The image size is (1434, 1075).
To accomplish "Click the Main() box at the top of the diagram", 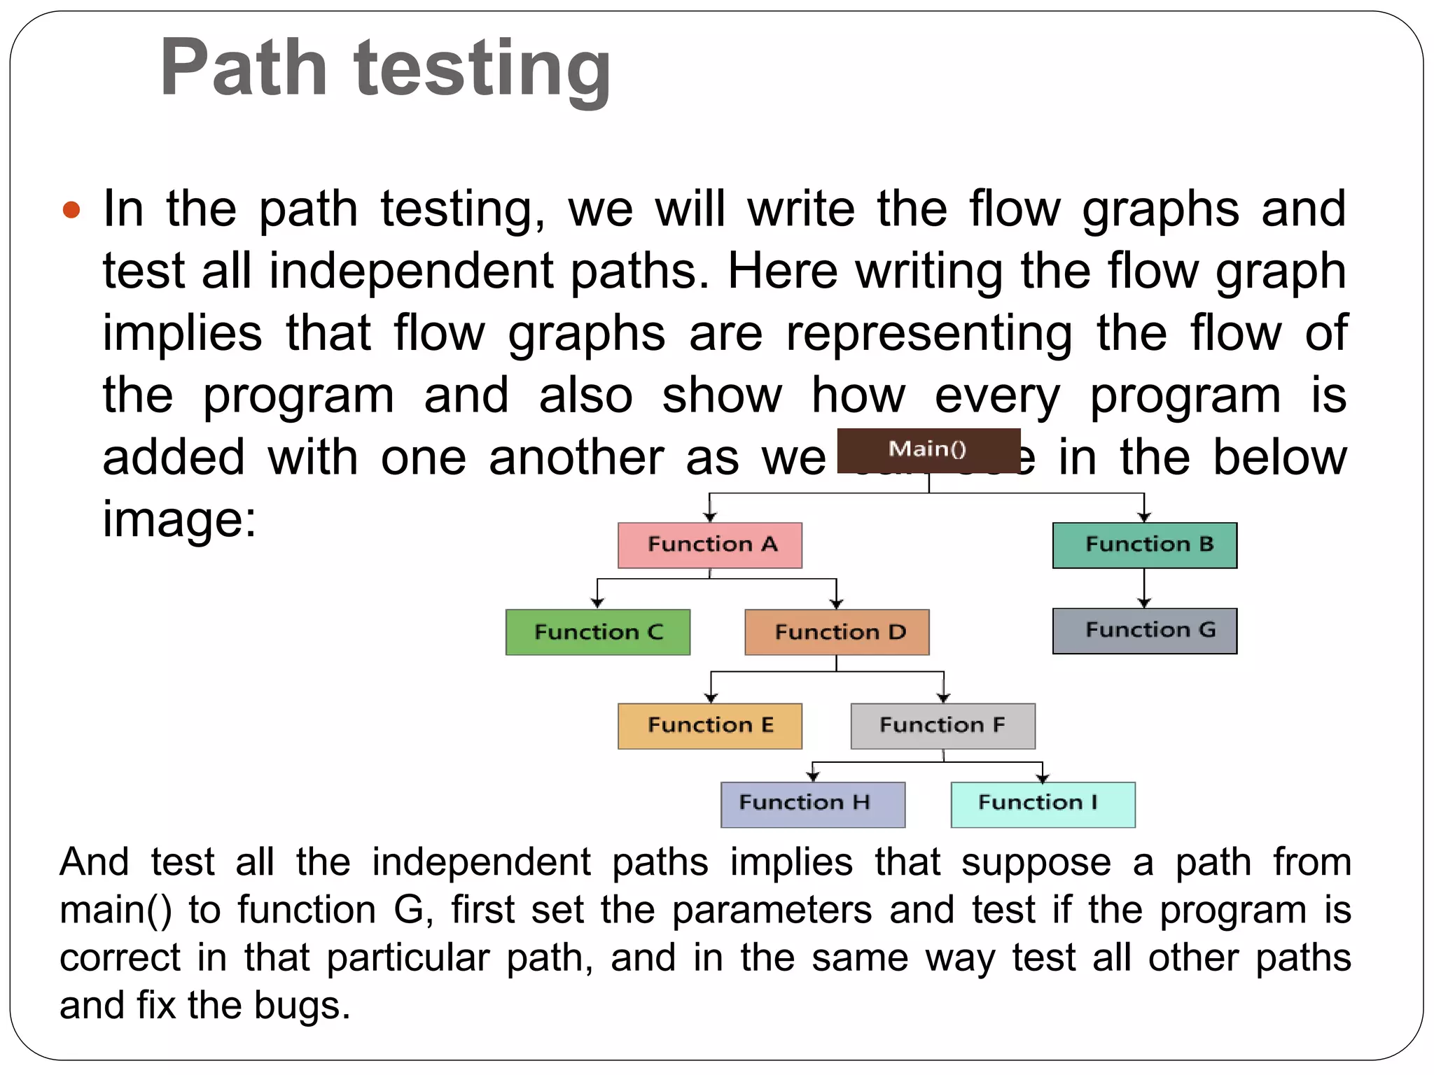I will tap(928, 449).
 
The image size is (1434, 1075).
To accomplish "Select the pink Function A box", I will tap(710, 545).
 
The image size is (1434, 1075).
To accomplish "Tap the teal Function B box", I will tap(1145, 545).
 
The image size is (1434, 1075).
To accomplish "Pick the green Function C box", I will tap(598, 632).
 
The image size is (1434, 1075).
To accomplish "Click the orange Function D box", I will tap(837, 632).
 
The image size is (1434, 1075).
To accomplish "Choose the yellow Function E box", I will tap(710, 726).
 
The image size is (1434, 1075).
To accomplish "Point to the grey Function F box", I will tap(943, 726).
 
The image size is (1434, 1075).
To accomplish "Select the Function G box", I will tap(1145, 631).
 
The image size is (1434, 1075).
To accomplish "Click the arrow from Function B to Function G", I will tap(1144, 588).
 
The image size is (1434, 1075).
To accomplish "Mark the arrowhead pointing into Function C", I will tap(597, 602).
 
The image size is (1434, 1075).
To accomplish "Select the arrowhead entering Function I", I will tap(1043, 777).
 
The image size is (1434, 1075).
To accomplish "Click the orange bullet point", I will tap(71, 210).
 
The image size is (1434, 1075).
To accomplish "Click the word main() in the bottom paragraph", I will tap(116, 910).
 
